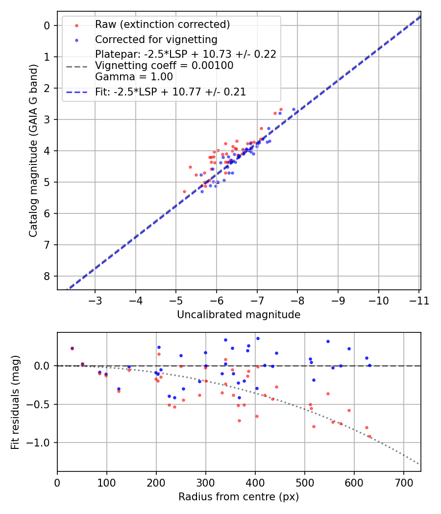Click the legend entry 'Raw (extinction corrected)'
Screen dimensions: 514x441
click(x=162, y=24)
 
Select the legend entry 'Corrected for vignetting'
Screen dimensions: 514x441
click(x=156, y=39)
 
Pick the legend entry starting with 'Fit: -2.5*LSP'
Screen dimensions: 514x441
click(x=170, y=92)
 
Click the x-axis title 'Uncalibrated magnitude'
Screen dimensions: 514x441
click(x=239, y=315)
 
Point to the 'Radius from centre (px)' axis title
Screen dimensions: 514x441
click(x=239, y=497)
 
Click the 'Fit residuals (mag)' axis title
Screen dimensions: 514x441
click(x=15, y=402)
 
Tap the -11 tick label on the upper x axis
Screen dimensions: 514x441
click(x=419, y=300)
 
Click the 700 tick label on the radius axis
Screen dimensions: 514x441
click(x=403, y=482)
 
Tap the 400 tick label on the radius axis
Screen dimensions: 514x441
click(x=255, y=482)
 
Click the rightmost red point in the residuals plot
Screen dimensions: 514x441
click(x=369, y=436)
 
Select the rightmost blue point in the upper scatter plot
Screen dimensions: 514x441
click(x=294, y=110)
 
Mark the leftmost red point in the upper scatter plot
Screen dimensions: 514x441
click(x=184, y=191)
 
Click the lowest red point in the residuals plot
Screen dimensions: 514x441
click(x=369, y=436)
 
